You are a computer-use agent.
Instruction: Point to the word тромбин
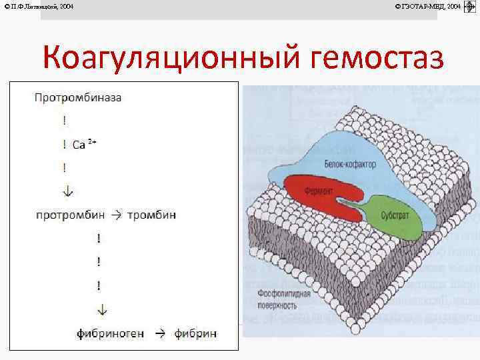[151, 215]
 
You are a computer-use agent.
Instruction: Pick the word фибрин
[196, 332]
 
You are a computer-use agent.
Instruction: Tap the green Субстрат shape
[393, 217]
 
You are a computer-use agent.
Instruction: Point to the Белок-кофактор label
[351, 164]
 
